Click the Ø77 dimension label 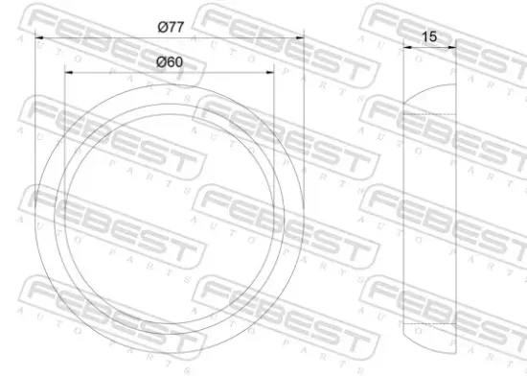pos(170,28)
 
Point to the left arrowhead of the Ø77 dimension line pos(38,37)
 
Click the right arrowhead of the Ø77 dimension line pos(298,37)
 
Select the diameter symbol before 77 pos(161,28)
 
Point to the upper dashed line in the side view pos(428,115)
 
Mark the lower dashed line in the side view pos(428,323)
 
